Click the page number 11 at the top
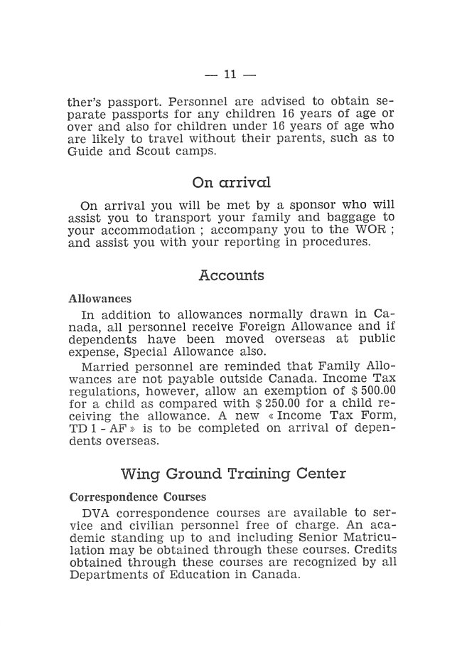coord(230,74)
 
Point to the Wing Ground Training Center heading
coord(233,473)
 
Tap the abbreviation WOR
coord(367,230)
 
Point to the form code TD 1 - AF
coord(97,428)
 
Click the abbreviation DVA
coord(95,512)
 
